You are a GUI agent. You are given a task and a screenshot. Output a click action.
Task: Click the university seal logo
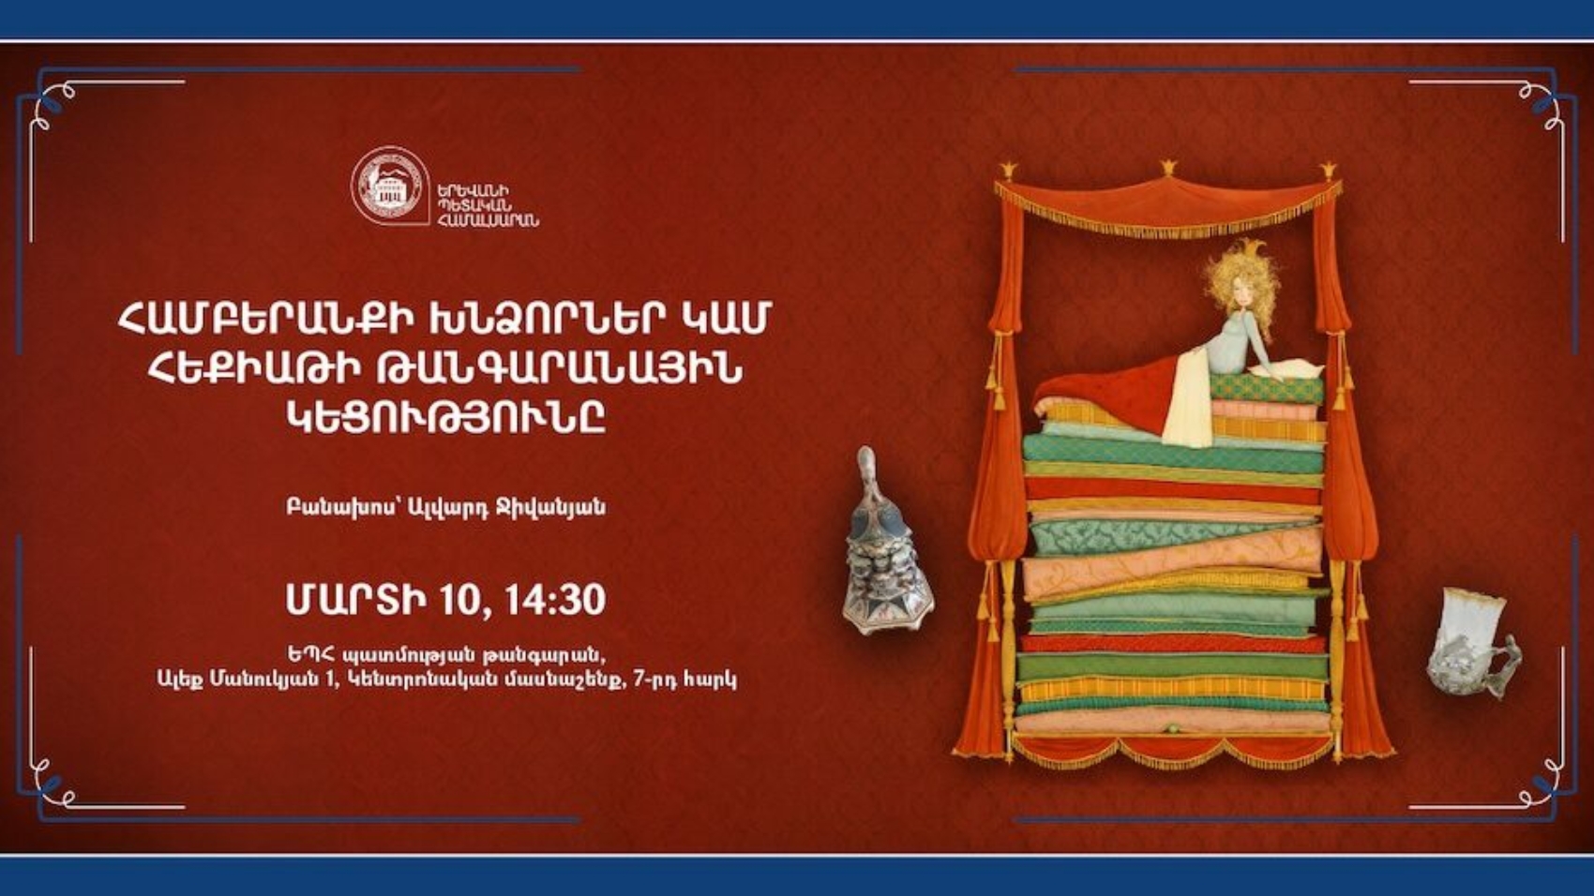point(389,187)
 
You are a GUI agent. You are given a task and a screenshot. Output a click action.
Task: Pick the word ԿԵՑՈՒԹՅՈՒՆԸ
point(445,419)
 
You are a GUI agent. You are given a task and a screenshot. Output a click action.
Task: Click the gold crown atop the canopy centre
point(1168,169)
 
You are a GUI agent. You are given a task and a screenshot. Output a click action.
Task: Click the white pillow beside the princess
point(1299,367)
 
